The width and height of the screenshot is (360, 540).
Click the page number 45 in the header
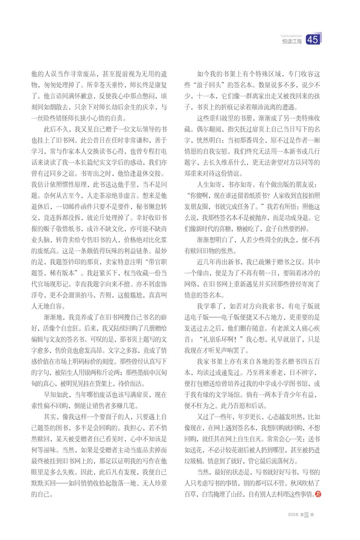[313, 40]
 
